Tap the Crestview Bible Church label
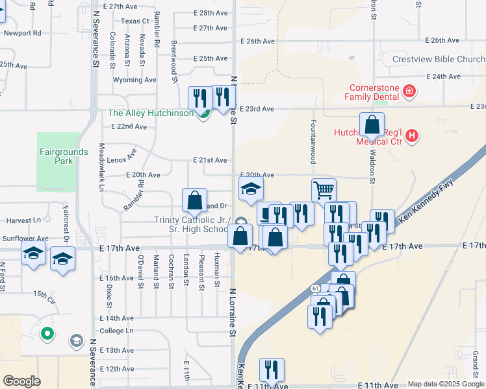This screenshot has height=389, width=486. pyautogui.click(x=439, y=60)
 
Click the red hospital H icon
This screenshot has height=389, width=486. pyautogui.click(x=411, y=136)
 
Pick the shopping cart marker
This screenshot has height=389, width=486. pyautogui.click(x=324, y=190)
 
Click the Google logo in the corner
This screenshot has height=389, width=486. pyautogui.click(x=21, y=381)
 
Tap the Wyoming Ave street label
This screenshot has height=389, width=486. pyautogui.click(x=135, y=80)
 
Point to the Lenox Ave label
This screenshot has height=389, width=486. pyautogui.click(x=123, y=156)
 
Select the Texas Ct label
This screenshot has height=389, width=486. pyautogui.click(x=135, y=21)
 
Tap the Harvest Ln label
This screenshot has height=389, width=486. pyautogui.click(x=19, y=221)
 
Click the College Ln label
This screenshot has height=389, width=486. pyautogui.click(x=116, y=331)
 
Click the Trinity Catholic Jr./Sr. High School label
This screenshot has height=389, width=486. pyautogui.click(x=192, y=224)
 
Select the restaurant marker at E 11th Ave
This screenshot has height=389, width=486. pyautogui.click(x=272, y=370)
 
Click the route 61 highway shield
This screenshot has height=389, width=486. pyautogui.click(x=314, y=289)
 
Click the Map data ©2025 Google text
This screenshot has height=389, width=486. pyautogui.click(x=446, y=384)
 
